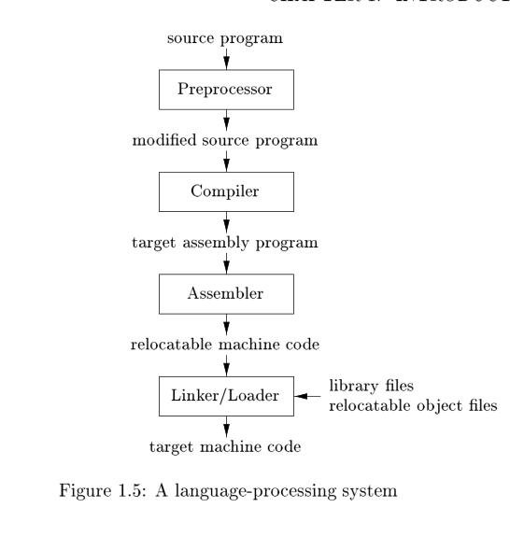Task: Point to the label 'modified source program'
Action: pos(226,142)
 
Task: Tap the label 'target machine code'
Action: pos(226,447)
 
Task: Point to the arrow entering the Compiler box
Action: pos(226,165)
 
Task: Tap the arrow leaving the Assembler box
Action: pos(226,323)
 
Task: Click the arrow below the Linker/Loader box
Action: pos(226,425)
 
